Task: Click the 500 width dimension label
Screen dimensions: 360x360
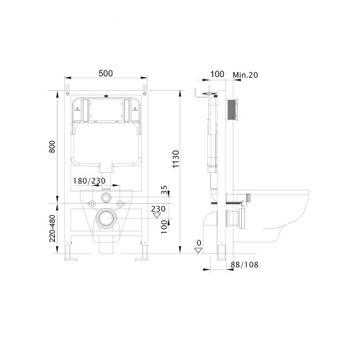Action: point(106,73)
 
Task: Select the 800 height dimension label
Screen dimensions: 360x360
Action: point(52,147)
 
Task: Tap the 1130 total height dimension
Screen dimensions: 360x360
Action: point(176,159)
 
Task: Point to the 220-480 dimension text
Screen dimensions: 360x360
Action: point(52,228)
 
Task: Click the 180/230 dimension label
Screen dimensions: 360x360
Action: point(89,181)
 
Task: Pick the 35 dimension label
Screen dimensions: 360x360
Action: point(164,189)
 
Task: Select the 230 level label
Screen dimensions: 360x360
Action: point(158,209)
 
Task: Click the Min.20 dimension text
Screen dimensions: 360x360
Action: point(246,75)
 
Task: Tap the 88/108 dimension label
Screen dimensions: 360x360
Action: point(245,265)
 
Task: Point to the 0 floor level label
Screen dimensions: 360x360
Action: point(199,243)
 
